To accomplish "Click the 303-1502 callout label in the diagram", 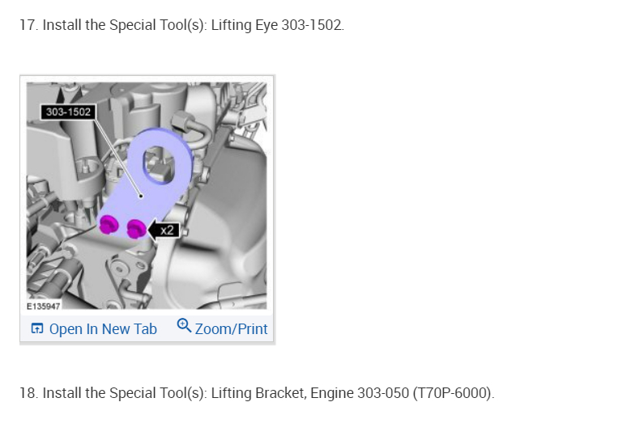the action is coord(68,112).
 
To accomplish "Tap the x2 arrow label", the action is coord(164,231).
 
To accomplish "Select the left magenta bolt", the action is coord(108,224).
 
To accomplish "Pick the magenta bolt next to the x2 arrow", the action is coord(136,229).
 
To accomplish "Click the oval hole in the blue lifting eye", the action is coord(159,165).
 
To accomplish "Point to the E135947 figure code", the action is coord(44,307).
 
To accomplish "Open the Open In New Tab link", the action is coord(94,329).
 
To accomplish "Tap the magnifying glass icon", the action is coord(185,325).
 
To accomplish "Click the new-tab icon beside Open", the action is coord(37,328).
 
